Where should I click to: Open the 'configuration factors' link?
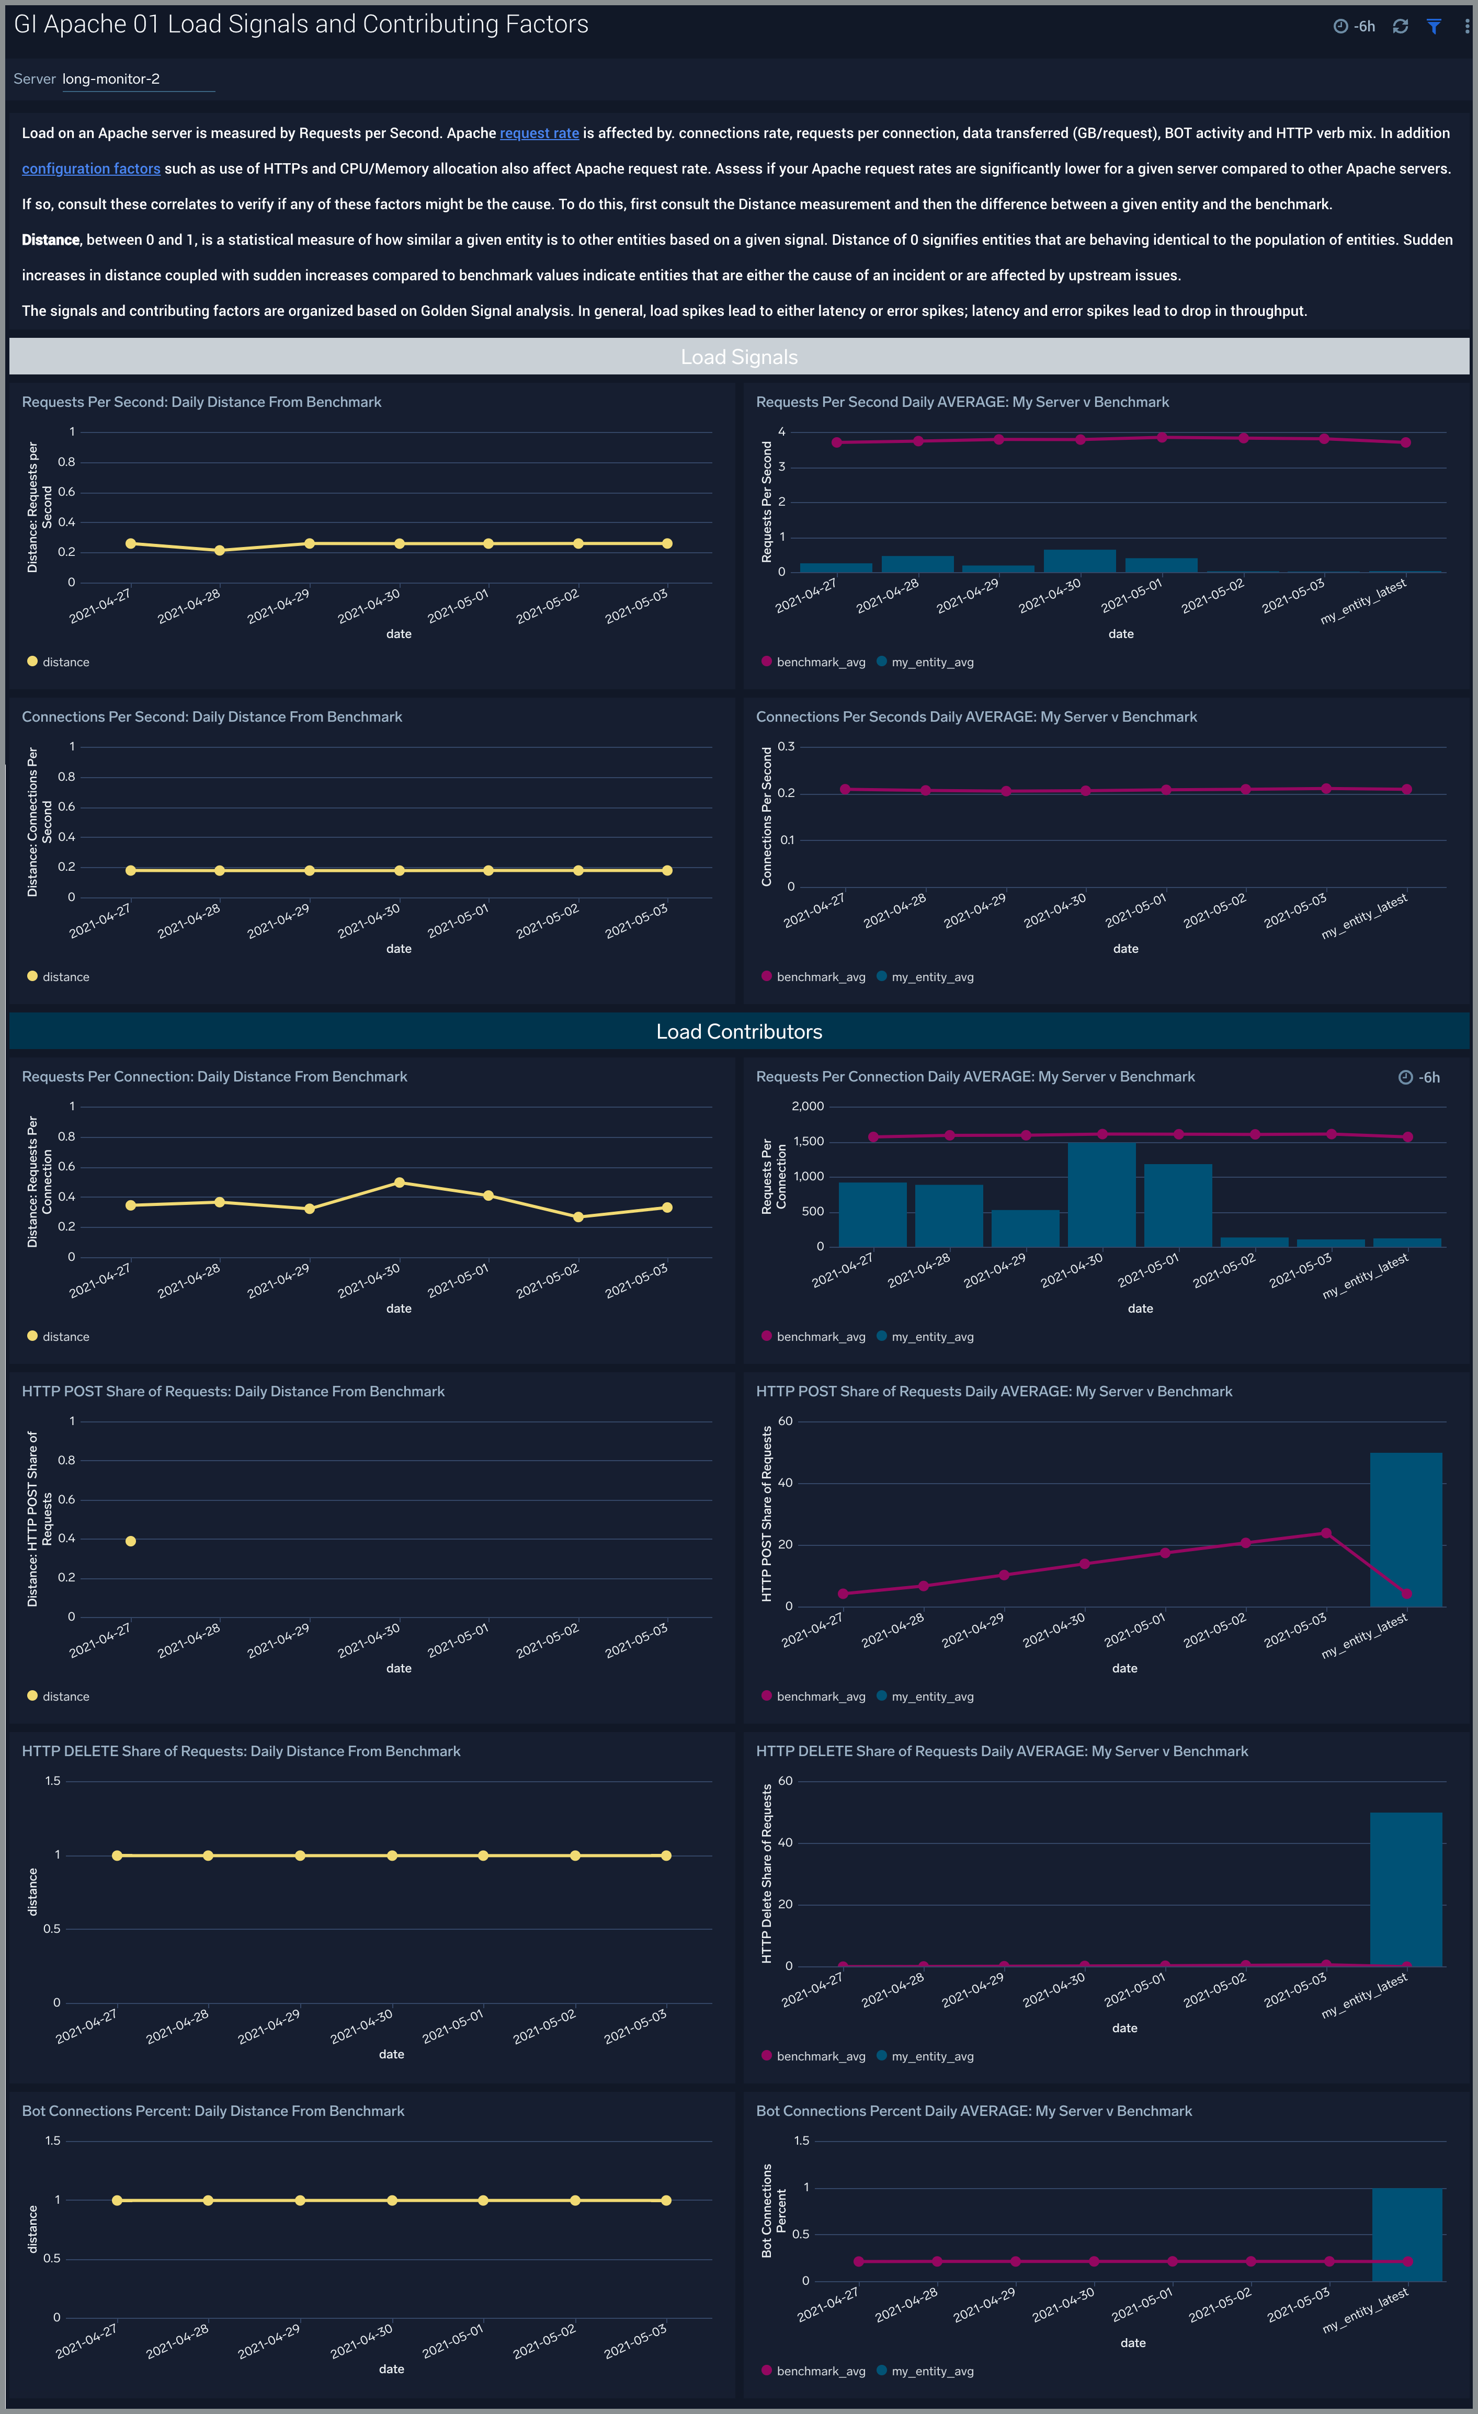tap(91, 168)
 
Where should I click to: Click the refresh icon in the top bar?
tap(1401, 27)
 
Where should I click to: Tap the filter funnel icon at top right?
tap(1434, 27)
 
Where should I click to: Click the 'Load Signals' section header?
tap(738, 357)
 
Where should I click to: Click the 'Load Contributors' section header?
tap(738, 1032)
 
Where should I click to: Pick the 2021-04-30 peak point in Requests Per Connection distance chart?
tap(399, 1182)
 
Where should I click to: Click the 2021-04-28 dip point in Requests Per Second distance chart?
tap(219, 551)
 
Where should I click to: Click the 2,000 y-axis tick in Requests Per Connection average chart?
tap(808, 1106)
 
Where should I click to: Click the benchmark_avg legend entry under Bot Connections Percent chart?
tap(820, 2371)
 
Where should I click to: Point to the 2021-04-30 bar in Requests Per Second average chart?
tap(1079, 561)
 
